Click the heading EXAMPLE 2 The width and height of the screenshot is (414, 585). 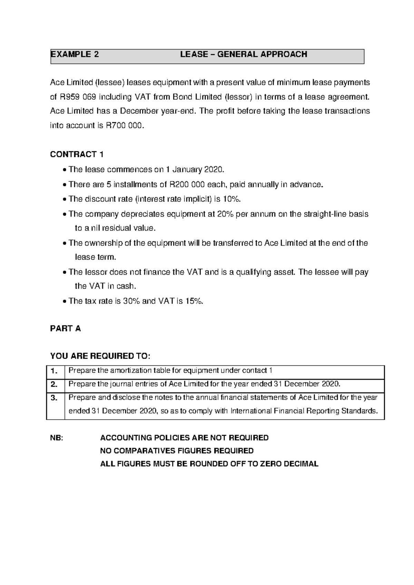[x=75, y=54]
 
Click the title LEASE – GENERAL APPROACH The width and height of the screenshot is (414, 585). [x=244, y=54]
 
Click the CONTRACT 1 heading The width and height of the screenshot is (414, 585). [x=77, y=155]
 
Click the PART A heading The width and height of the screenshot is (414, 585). [x=66, y=329]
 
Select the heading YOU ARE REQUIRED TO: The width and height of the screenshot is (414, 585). [x=100, y=356]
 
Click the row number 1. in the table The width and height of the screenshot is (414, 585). [x=54, y=371]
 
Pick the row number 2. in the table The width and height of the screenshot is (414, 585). [x=54, y=384]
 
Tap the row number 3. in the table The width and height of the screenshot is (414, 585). [x=54, y=398]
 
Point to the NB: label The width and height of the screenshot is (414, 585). [x=57, y=438]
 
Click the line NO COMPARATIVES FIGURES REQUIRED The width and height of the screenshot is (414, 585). [x=177, y=451]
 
